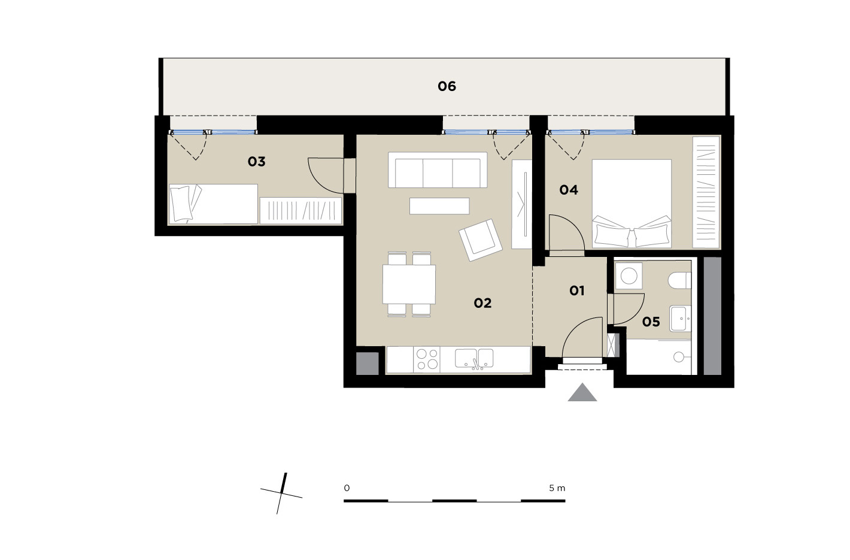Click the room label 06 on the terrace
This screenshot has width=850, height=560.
(x=447, y=86)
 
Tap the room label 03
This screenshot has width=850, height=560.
(x=257, y=162)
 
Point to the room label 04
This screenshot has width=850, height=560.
(x=569, y=190)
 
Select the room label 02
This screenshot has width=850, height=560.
(x=482, y=303)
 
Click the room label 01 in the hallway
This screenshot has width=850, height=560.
(x=577, y=291)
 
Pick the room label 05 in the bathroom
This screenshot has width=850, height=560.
(x=651, y=322)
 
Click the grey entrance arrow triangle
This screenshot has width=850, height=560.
(x=582, y=392)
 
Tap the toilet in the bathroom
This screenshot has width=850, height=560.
(x=679, y=280)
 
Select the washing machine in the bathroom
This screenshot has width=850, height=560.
(x=629, y=276)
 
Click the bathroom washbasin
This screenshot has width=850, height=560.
(x=681, y=318)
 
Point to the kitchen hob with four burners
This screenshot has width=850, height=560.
(x=427, y=359)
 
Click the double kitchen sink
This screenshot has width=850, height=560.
(x=474, y=359)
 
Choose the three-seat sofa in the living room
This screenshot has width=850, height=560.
(x=438, y=169)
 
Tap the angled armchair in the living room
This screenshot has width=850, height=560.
(x=481, y=240)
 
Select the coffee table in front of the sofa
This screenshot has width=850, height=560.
(x=439, y=206)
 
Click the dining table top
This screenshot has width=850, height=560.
(x=409, y=284)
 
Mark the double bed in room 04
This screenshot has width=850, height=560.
(x=632, y=204)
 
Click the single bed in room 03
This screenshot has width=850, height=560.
(x=213, y=204)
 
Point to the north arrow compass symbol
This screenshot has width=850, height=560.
(x=281, y=494)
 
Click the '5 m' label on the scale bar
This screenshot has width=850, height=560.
(x=557, y=488)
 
